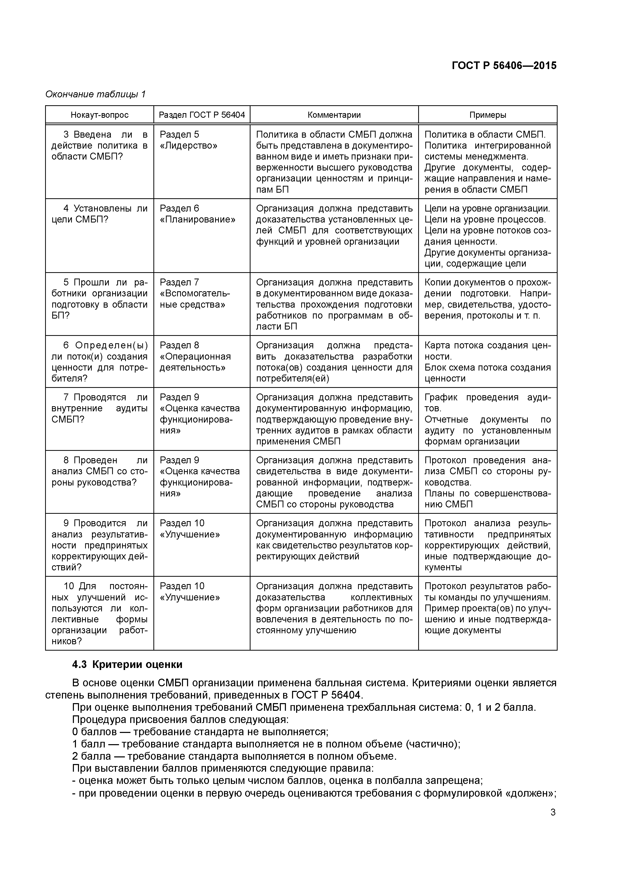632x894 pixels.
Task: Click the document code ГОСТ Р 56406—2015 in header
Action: click(504, 65)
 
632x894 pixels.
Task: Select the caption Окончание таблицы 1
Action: click(95, 94)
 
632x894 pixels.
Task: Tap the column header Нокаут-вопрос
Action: click(99, 115)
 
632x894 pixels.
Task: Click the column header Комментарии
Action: click(334, 115)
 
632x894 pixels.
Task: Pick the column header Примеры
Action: click(488, 115)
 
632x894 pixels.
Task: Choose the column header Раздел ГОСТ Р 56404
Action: click(202, 115)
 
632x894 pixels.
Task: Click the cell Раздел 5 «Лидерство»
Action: click(189, 140)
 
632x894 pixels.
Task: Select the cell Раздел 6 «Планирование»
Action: click(197, 214)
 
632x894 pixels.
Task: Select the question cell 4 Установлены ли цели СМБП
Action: click(99, 214)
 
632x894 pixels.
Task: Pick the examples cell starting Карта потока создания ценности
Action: click(488, 362)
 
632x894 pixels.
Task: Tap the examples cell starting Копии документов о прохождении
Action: click(488, 299)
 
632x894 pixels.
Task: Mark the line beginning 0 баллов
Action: click(200, 732)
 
